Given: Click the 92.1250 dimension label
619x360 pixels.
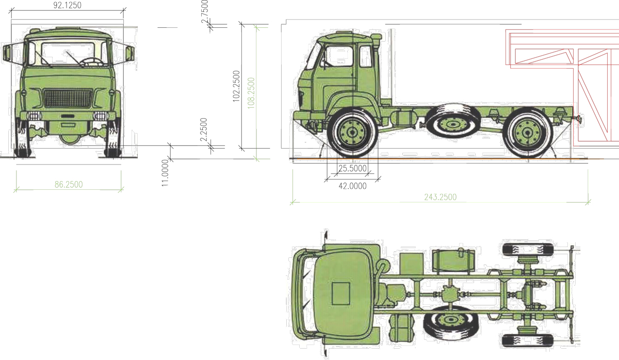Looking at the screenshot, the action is [x=67, y=5].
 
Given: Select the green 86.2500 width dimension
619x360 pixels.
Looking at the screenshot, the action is [x=69, y=184].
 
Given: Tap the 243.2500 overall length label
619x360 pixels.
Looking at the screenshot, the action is [x=440, y=197].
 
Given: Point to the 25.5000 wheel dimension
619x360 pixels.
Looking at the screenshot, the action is [x=352, y=168].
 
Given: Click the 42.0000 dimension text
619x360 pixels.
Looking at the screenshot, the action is [x=353, y=186].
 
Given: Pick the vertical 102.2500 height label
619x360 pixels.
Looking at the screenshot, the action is [x=236, y=86].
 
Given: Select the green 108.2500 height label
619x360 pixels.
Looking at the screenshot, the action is [x=251, y=93].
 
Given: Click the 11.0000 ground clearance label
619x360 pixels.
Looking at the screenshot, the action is [x=165, y=173].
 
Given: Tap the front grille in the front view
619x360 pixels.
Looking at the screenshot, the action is [x=68, y=98].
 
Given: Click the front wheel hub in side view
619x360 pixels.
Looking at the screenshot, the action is [x=352, y=133].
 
